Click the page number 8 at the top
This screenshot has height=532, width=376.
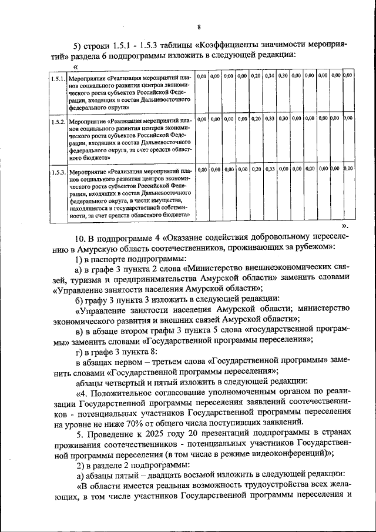pos(199,26)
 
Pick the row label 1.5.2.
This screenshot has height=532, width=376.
pos(58,121)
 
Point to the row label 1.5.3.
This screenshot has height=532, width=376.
pos(58,170)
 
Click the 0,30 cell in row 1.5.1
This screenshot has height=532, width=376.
pos(283,76)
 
